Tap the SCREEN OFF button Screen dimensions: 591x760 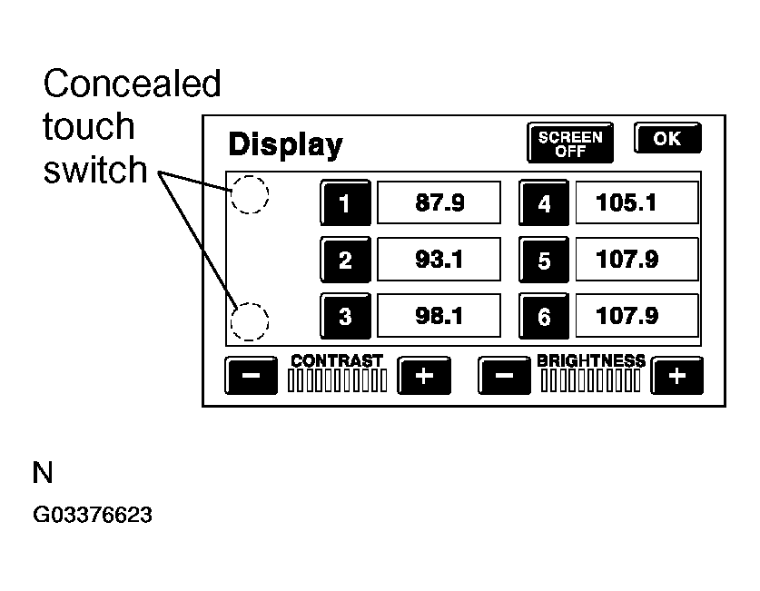(570, 143)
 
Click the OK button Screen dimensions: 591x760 (667, 139)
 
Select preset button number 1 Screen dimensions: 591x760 (345, 203)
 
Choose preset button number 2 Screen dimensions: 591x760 (345, 261)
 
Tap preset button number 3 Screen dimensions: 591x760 (345, 317)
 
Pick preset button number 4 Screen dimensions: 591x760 (544, 203)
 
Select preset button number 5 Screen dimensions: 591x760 (544, 261)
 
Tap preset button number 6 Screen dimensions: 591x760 (544, 317)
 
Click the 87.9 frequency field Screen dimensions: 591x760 (439, 202)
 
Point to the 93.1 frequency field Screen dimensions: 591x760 (439, 260)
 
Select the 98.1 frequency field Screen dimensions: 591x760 (439, 316)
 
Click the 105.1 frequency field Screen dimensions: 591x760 (637, 202)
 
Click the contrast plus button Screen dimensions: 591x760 (424, 376)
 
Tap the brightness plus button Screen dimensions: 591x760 (678, 376)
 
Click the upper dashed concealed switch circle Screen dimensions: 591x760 (249, 194)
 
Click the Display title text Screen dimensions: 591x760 (285, 145)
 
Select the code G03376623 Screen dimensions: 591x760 (92, 516)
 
